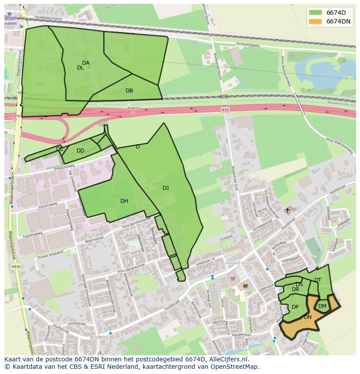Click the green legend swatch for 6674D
pyautogui.click(x=315, y=12)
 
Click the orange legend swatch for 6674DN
pyautogui.click(x=315, y=21)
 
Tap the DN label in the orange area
pyautogui.click(x=308, y=317)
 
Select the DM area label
pyautogui.click(x=322, y=306)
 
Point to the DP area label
pyautogui.click(x=295, y=307)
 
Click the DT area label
pyautogui.click(x=318, y=280)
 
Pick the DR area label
pyautogui.click(x=296, y=289)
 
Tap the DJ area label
pyautogui.click(x=166, y=188)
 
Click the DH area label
pyautogui.click(x=124, y=201)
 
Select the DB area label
pyautogui.click(x=129, y=91)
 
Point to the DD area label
pyautogui.click(x=80, y=151)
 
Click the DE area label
pyautogui.click(x=60, y=149)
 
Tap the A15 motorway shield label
pyautogui.click(x=225, y=110)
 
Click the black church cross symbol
pyautogui.click(x=287, y=211)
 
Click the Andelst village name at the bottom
pyautogui.click(x=99, y=337)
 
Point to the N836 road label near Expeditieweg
pyautogui.click(x=17, y=266)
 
